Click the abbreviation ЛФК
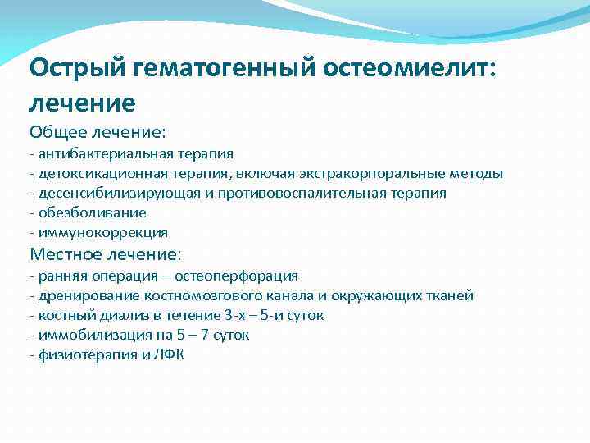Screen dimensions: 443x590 (x=171, y=354)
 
